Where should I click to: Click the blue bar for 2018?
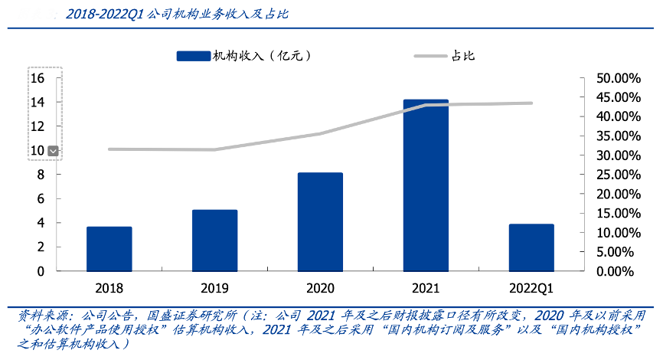[109, 249]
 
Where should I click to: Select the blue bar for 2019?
[214, 241]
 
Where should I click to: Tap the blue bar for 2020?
[320, 222]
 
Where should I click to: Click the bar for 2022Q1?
[531, 247]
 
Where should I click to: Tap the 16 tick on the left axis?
[38, 78]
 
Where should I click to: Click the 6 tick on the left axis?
[41, 198]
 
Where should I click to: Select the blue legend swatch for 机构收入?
[193, 56]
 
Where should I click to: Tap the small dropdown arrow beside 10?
[53, 151]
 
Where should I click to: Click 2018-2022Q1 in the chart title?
[103, 15]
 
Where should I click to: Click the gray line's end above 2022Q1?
[531, 103]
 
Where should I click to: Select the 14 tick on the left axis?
[38, 102]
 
